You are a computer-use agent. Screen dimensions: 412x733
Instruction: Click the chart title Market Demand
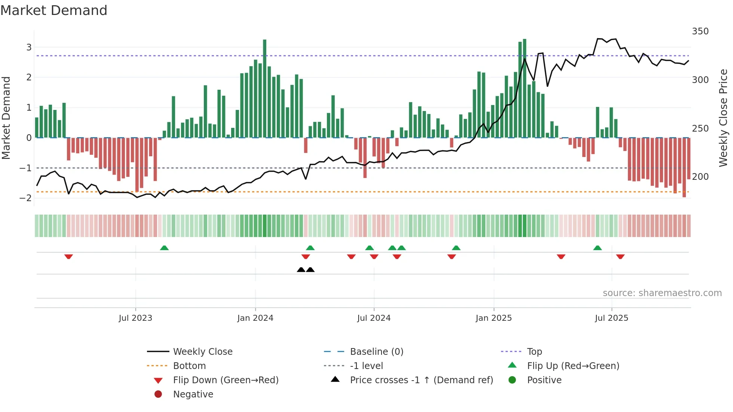[54, 10]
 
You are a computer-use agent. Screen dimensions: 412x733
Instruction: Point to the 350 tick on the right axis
[700, 31]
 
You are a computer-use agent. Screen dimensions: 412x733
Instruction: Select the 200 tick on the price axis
[700, 176]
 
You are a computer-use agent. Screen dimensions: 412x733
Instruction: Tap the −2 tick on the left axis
[25, 198]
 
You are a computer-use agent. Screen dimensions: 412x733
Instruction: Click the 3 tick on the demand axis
[29, 47]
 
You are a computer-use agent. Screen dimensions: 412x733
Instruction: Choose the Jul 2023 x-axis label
[135, 318]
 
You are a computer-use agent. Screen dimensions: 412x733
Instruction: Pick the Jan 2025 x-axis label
[494, 318]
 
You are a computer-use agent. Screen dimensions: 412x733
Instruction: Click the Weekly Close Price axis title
[723, 118]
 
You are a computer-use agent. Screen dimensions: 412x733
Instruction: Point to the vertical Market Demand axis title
[6, 118]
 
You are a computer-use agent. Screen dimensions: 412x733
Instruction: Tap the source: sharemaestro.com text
[662, 293]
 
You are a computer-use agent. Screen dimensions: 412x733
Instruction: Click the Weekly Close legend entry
[202, 352]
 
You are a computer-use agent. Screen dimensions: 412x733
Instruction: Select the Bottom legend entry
[189, 366]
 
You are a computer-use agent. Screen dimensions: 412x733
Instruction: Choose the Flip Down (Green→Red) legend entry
[226, 380]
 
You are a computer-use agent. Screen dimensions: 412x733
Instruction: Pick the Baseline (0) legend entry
[376, 352]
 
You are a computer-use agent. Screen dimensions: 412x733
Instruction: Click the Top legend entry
[534, 352]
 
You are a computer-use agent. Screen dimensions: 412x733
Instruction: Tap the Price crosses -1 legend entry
[421, 380]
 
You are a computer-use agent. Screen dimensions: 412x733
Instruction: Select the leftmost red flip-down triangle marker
[68, 256]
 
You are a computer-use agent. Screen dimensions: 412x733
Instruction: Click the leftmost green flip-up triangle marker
[164, 248]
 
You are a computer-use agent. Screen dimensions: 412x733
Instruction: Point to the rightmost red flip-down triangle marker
[620, 256]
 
